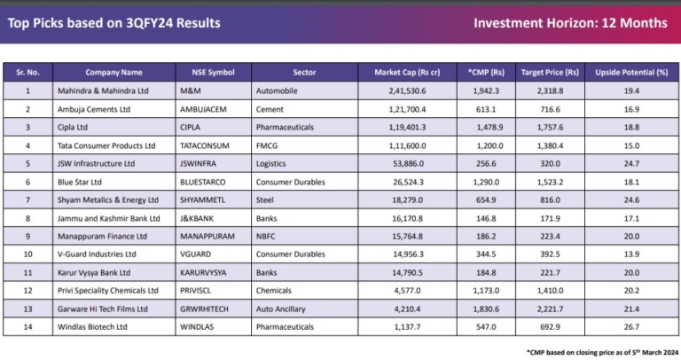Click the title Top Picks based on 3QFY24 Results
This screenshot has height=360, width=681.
tap(113, 23)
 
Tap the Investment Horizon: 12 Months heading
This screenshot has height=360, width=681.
tap(570, 23)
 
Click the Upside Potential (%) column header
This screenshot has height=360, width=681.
tap(630, 72)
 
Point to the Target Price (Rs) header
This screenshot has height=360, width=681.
tap(550, 72)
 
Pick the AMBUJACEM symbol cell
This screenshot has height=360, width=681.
tap(206, 109)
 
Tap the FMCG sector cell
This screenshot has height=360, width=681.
tap(281, 145)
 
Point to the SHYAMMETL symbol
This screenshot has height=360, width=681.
tap(205, 200)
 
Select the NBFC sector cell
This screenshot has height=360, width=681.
tap(280, 236)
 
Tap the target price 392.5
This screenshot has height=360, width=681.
tap(550, 254)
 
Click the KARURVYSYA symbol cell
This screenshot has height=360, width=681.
tap(207, 272)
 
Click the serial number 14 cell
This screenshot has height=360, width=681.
tap(27, 327)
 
